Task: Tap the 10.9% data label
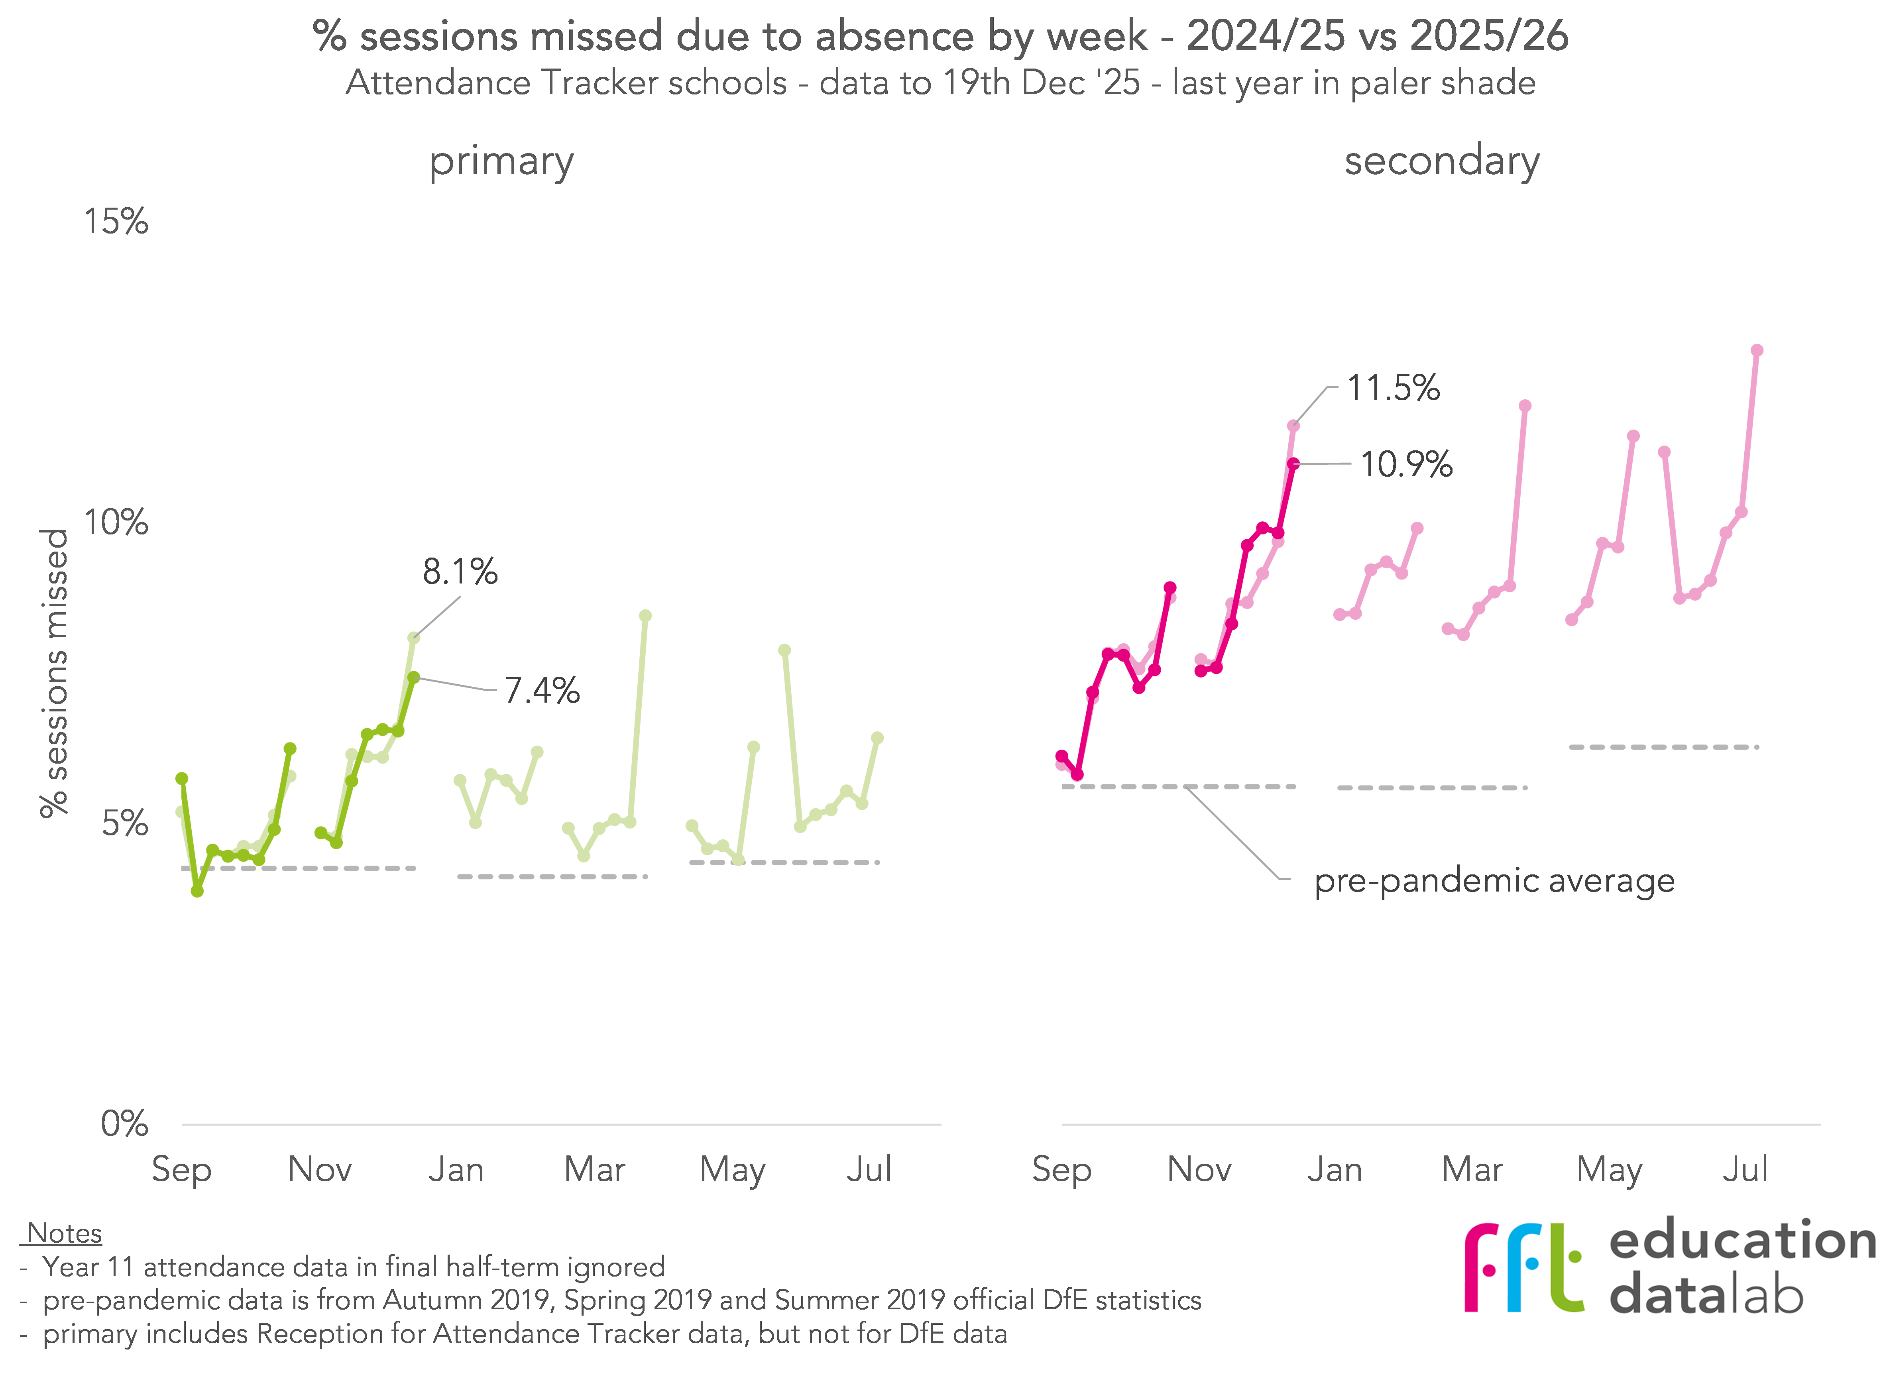click(1406, 465)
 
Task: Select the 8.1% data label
click(460, 572)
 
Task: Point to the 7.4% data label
click(542, 691)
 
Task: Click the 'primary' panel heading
click(501, 161)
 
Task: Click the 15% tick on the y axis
click(116, 222)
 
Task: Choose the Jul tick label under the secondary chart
click(1744, 1169)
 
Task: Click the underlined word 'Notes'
click(64, 1234)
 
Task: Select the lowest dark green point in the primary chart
click(197, 891)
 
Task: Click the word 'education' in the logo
click(1743, 1242)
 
